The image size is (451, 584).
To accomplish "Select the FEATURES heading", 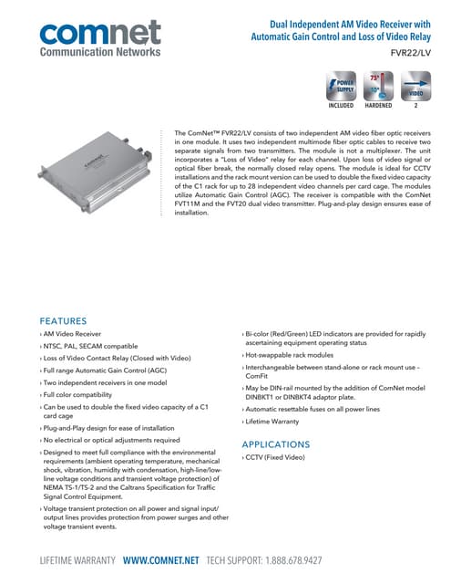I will pos(63,321).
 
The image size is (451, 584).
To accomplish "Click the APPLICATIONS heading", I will pos(277,444).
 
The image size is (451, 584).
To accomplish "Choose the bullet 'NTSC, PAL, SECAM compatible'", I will pos(90,348).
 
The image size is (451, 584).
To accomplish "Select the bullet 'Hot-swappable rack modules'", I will pos(290,355).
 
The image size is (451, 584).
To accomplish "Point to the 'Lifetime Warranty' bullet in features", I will pos(273,424).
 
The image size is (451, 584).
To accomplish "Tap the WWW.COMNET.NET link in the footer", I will pos(161,559).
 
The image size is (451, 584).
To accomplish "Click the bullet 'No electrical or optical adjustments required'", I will pos(110,439).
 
